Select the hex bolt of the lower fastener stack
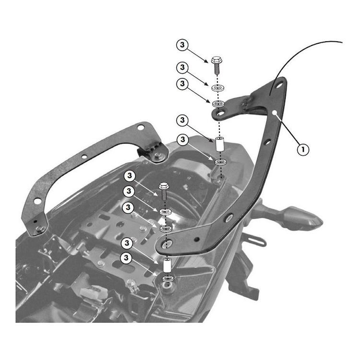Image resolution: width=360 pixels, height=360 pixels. coord(162,188)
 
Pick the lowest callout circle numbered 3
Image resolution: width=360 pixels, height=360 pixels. coord(127,258)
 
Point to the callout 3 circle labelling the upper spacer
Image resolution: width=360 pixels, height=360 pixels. coord(182,119)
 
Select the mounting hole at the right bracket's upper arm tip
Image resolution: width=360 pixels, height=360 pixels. coord(219,113)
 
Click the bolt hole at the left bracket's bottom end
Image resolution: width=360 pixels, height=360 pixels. coord(39,228)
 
